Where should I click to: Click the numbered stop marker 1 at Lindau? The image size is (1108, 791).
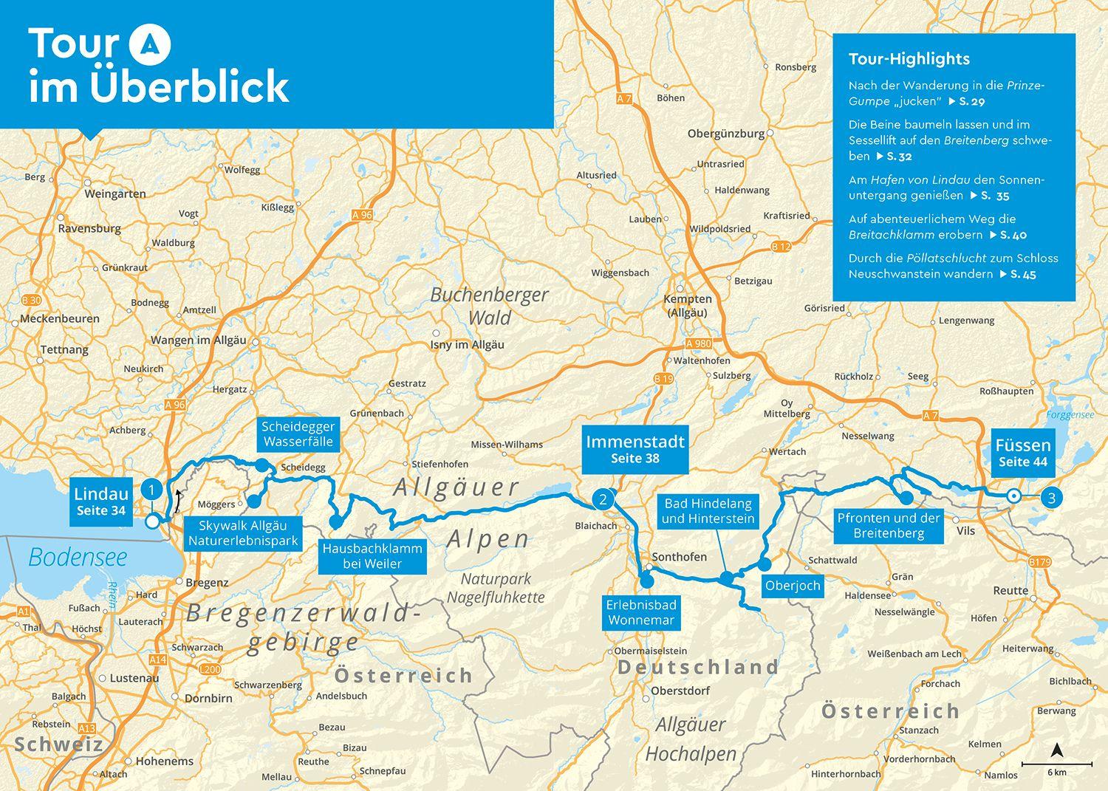pyautogui.click(x=151, y=489)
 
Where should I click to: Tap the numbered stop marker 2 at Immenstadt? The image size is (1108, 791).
pyautogui.click(x=603, y=499)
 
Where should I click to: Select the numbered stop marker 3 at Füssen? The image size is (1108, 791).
pyautogui.click(x=1051, y=497)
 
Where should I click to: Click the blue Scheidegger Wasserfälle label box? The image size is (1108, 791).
pyautogui.click(x=298, y=434)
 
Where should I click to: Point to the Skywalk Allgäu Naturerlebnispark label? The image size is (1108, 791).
pyautogui.click(x=243, y=533)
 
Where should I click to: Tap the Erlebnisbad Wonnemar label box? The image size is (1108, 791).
pyautogui.click(x=640, y=613)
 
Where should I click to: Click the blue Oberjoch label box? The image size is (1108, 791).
pyautogui.click(x=793, y=586)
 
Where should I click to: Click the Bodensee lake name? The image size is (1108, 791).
pyautogui.click(x=78, y=557)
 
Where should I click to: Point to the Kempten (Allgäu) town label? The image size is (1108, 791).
pyautogui.click(x=688, y=306)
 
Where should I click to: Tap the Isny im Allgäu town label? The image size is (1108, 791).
pyautogui.click(x=468, y=345)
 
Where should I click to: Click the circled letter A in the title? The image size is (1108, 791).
pyautogui.click(x=150, y=44)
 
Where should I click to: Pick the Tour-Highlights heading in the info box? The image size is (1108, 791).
pyautogui.click(x=909, y=59)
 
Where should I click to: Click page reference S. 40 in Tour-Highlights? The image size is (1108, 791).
pyautogui.click(x=1013, y=235)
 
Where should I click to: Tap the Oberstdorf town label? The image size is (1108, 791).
pyautogui.click(x=680, y=691)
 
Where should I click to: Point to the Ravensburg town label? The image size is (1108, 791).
pyautogui.click(x=89, y=228)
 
